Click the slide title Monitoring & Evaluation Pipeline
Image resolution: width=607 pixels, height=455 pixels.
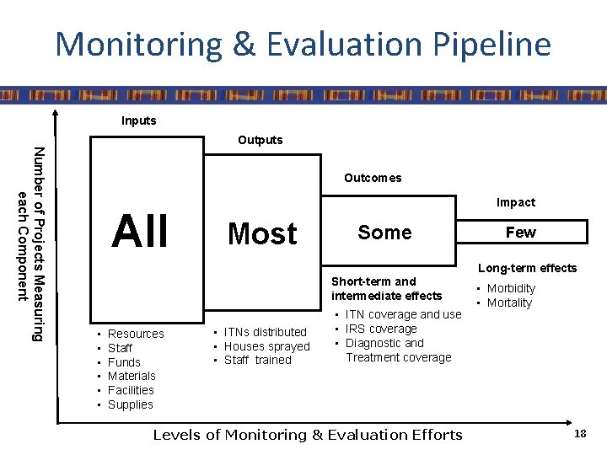pos(303,44)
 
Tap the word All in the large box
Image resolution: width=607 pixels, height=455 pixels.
pos(141,232)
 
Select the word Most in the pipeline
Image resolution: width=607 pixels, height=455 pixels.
pos(262,233)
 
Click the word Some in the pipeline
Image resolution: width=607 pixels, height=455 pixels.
pos(384,233)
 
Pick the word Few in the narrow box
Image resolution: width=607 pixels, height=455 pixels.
pos(520,232)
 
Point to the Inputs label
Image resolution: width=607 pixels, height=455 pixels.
pos(138,120)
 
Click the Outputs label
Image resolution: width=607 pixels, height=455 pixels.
pos(261,140)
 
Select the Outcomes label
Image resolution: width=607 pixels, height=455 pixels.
pos(372,178)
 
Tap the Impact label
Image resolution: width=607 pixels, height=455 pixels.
pos(515,202)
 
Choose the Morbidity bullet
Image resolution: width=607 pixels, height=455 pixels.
pos(511,288)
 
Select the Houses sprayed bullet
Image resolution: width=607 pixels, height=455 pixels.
pos(266,346)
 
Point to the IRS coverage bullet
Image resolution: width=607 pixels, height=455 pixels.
pos(380,329)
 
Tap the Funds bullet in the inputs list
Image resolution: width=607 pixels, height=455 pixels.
pos(124,362)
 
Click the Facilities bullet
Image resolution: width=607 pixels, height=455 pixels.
pos(131,390)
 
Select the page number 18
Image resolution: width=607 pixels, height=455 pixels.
pos(579,433)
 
